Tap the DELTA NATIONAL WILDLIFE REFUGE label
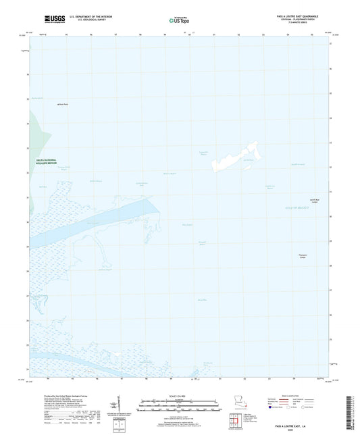click(x=50, y=161)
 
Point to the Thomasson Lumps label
click(x=303, y=256)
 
